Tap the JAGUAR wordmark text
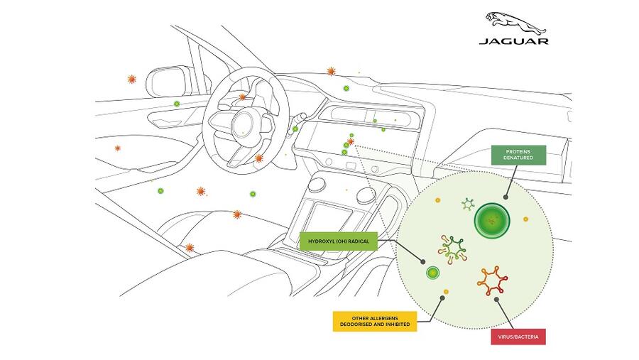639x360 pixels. tap(513, 41)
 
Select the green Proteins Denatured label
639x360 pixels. tap(518, 155)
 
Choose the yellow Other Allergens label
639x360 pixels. tap(374, 321)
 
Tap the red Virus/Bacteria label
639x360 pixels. tap(518, 337)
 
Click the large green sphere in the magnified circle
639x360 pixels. tap(491, 221)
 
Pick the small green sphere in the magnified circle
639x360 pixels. tap(432, 272)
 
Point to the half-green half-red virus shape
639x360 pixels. tap(453, 248)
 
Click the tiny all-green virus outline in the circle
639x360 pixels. tap(468, 204)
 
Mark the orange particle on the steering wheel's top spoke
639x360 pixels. tap(243, 97)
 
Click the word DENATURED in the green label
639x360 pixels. tap(518, 158)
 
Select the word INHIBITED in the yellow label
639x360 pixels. tap(395, 325)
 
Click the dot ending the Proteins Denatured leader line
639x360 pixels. tap(507, 197)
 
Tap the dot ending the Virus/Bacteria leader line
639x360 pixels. tap(497, 299)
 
